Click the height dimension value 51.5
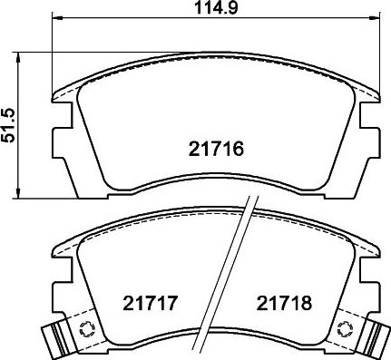pos(9,122)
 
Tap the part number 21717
pos(147,302)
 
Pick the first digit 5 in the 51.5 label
pos(9,134)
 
